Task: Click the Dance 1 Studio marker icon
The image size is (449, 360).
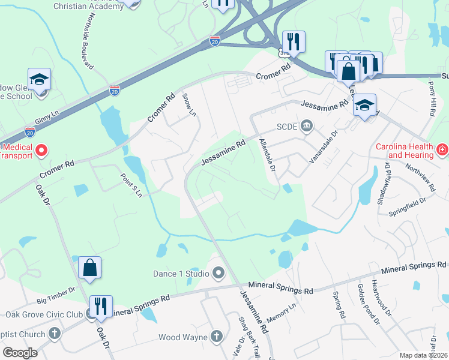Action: [x=218, y=274]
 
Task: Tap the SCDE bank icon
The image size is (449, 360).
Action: [x=307, y=125]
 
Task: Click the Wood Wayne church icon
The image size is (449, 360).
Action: [x=216, y=337]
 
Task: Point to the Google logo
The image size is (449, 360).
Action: [x=20, y=353]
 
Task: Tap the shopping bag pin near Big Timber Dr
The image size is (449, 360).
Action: [x=89, y=268]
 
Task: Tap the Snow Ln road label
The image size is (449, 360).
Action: [x=189, y=104]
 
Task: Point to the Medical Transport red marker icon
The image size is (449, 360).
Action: [x=41, y=150]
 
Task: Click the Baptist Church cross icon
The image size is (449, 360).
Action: [x=54, y=334]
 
